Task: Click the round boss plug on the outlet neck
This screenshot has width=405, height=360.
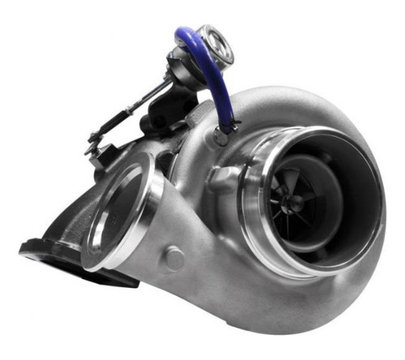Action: coord(173,259)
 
